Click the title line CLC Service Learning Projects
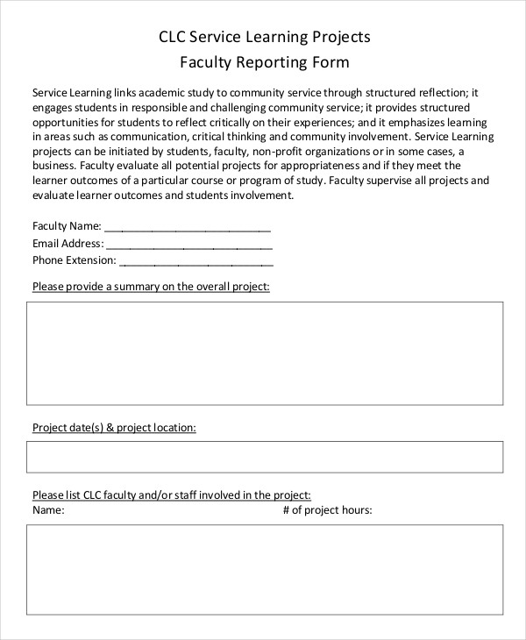coord(264,37)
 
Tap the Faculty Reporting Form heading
coord(264,62)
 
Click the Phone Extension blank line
coord(195,260)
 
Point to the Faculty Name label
coord(67,226)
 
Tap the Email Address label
coord(68,243)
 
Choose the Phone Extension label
coord(74,260)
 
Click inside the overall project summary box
coord(265,352)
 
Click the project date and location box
coord(265,457)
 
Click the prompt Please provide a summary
coord(151,287)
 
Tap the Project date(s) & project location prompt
coord(114,427)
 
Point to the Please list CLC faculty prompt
coord(172,494)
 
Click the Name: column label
coord(49,509)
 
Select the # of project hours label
coord(328,509)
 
